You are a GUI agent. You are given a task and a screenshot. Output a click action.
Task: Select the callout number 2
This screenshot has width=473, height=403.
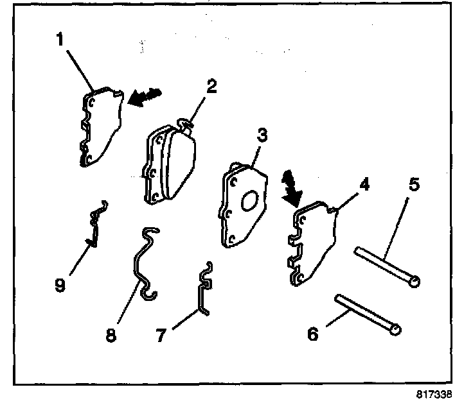click(210, 87)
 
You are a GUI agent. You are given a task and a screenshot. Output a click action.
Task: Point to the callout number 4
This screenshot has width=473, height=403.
click(364, 185)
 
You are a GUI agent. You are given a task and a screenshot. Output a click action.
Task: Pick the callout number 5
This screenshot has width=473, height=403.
click(413, 186)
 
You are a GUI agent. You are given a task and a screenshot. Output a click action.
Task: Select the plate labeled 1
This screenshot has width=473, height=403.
click(102, 128)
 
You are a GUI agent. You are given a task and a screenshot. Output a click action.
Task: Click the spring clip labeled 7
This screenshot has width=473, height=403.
click(204, 289)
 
